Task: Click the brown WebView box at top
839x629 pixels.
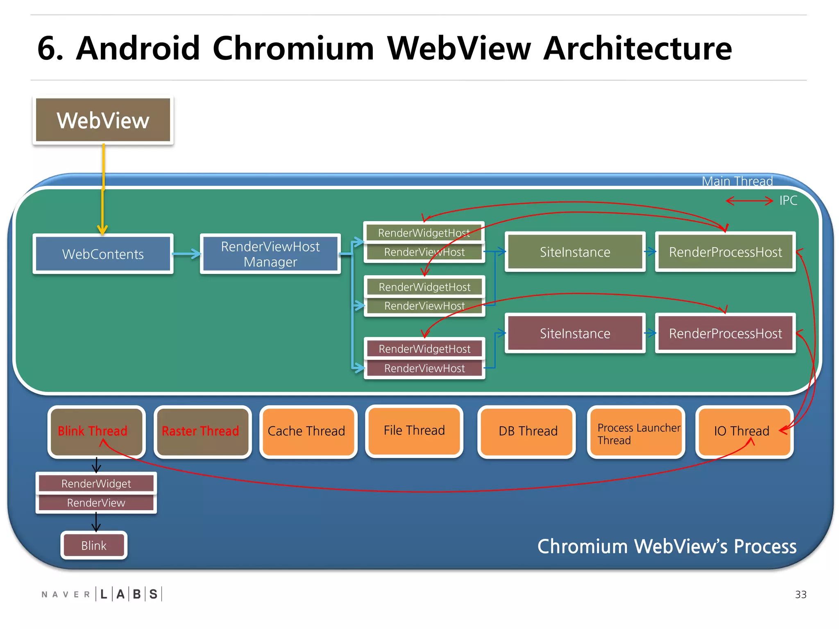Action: (103, 120)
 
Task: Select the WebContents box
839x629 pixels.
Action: (103, 254)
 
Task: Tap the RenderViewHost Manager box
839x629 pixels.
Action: (270, 254)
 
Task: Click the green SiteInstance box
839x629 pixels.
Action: (575, 252)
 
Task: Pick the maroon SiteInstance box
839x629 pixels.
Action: (575, 333)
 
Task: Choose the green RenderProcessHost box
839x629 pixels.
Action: (725, 252)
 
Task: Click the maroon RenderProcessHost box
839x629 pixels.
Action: (725, 333)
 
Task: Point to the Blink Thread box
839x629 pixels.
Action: (96, 432)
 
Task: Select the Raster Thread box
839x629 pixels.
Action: (202, 432)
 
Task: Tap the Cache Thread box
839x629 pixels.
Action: (308, 432)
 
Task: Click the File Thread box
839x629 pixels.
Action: (414, 431)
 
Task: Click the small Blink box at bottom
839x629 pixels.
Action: (94, 545)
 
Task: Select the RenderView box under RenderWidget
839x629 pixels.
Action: (96, 503)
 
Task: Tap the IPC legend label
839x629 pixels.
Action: (788, 201)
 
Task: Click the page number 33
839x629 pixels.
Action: (800, 595)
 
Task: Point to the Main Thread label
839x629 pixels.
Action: (737, 181)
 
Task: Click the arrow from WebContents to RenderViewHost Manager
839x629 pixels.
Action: (187, 254)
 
